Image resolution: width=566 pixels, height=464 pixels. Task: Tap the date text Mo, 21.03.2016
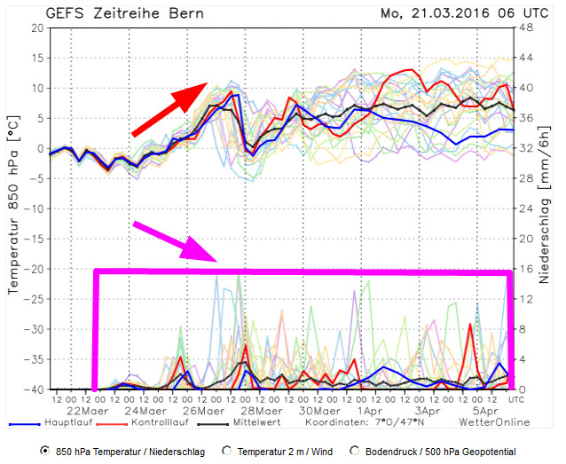pos(432,13)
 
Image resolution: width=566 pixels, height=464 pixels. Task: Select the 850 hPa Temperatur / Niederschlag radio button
pos(44,452)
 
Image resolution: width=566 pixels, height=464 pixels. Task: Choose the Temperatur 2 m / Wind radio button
pos(228,452)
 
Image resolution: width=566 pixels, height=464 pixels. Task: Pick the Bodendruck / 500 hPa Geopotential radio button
pos(355,452)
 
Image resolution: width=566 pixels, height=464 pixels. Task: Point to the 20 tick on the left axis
pos(37,28)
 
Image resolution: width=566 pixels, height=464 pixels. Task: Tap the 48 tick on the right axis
pos(526,28)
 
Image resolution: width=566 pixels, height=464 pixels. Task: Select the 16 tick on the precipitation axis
pos(526,269)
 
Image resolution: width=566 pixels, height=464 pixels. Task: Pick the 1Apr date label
pos(366,413)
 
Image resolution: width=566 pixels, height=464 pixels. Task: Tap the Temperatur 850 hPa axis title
pos(12,208)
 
